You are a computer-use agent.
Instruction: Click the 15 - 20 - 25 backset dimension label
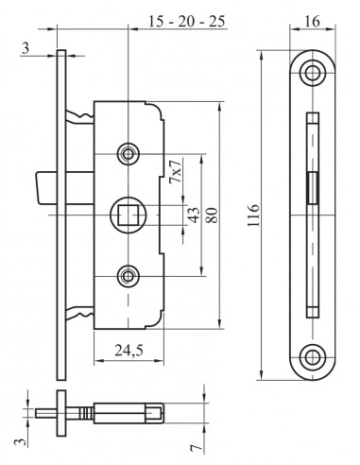pos(187,22)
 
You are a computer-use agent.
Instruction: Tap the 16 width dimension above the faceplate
pos(312,21)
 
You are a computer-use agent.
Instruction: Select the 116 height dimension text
pos(253,215)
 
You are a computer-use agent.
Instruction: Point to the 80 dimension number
pos(212,215)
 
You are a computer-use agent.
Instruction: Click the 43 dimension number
pos(194,215)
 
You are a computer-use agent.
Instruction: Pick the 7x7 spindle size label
pos(176,172)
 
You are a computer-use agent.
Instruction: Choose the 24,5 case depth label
pos(129,350)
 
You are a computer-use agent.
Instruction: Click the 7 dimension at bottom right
pos(197,448)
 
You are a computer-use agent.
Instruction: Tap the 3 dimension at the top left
pos(26,48)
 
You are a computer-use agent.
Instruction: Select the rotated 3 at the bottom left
pos(20,441)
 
